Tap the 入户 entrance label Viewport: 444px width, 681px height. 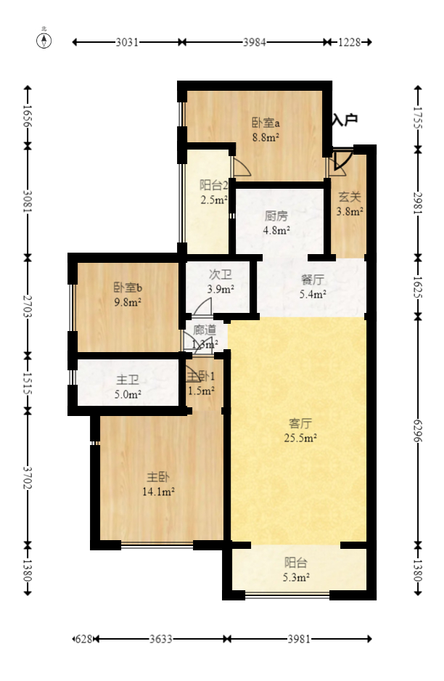coord(345,121)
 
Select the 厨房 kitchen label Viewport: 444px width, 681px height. coord(276,216)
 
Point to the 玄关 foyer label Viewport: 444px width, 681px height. coord(350,197)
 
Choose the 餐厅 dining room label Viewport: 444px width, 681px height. coord(313,280)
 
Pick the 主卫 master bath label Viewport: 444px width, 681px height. coord(128,380)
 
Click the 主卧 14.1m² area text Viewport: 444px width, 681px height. coord(159,492)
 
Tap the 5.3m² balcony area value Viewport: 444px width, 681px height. coord(296,578)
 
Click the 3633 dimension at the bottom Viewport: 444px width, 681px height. coord(160,640)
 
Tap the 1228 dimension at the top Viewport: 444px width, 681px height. coord(349,42)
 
